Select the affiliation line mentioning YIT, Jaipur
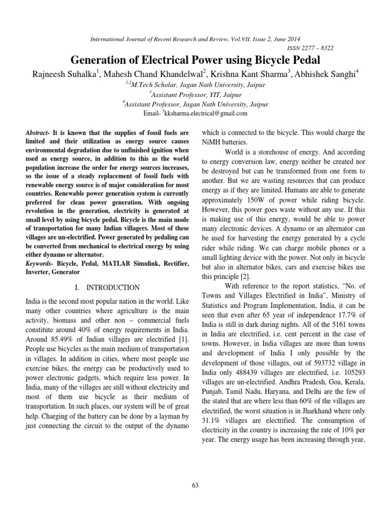coord(195,94)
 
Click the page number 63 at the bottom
coord(195,484)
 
